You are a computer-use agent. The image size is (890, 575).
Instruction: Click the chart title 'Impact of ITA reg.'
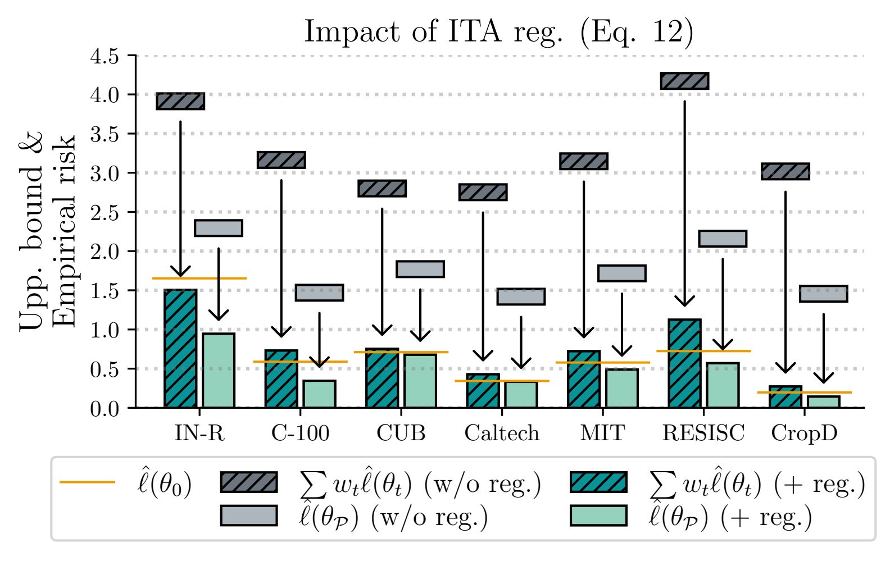[x=498, y=32]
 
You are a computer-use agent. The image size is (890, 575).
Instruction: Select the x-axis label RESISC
[x=703, y=433]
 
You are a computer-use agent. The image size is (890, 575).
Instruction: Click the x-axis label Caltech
[x=502, y=433]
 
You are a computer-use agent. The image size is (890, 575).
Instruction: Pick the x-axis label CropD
[x=804, y=433]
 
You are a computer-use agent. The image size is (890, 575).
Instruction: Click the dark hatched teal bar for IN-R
[x=180, y=348]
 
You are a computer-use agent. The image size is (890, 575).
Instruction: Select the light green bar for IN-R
[x=219, y=371]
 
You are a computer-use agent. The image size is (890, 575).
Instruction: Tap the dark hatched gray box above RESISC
[x=684, y=81]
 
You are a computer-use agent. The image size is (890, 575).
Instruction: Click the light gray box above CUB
[x=420, y=269]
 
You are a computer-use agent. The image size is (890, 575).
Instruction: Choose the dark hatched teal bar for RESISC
[x=684, y=363]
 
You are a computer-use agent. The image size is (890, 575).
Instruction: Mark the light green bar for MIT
[x=621, y=388]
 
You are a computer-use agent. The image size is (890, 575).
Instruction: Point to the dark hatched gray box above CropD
[x=785, y=171]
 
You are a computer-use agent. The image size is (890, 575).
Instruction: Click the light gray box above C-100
[x=319, y=293]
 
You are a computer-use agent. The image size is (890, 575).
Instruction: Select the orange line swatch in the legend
[x=87, y=482]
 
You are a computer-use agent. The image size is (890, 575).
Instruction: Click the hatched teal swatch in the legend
[x=598, y=482]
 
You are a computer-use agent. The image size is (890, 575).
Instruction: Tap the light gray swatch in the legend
[x=249, y=515]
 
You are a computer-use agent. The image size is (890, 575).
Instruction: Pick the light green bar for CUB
[x=420, y=381]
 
